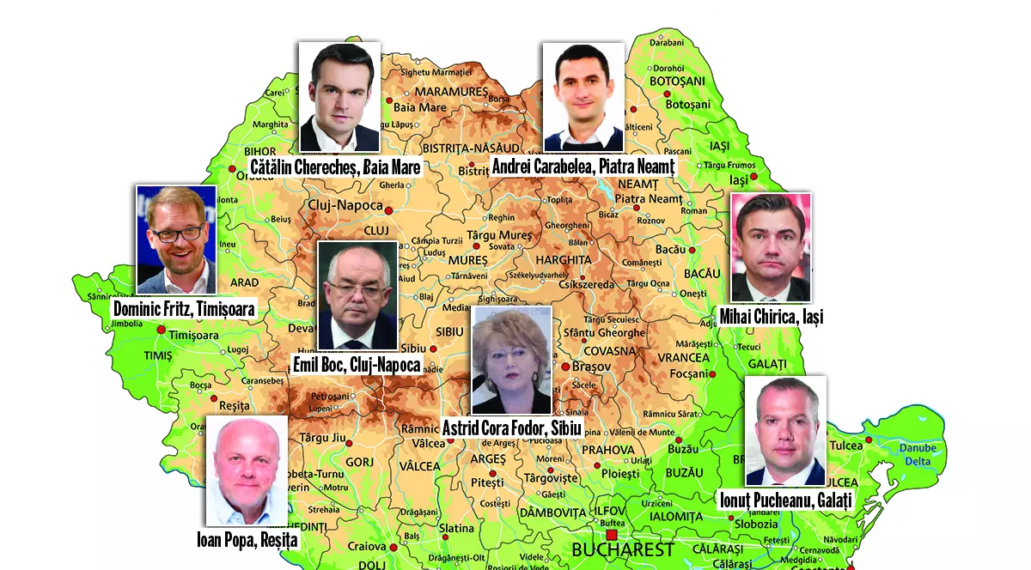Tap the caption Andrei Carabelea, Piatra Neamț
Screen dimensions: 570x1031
[583, 166]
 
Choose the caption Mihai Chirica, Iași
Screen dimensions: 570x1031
[772, 318]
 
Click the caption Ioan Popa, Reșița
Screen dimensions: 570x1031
[247, 540]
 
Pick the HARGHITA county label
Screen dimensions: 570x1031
[563, 259]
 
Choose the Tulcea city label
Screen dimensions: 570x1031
[846, 446]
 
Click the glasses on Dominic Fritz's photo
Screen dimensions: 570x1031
[176, 232]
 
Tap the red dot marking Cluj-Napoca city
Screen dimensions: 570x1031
[388, 210]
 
